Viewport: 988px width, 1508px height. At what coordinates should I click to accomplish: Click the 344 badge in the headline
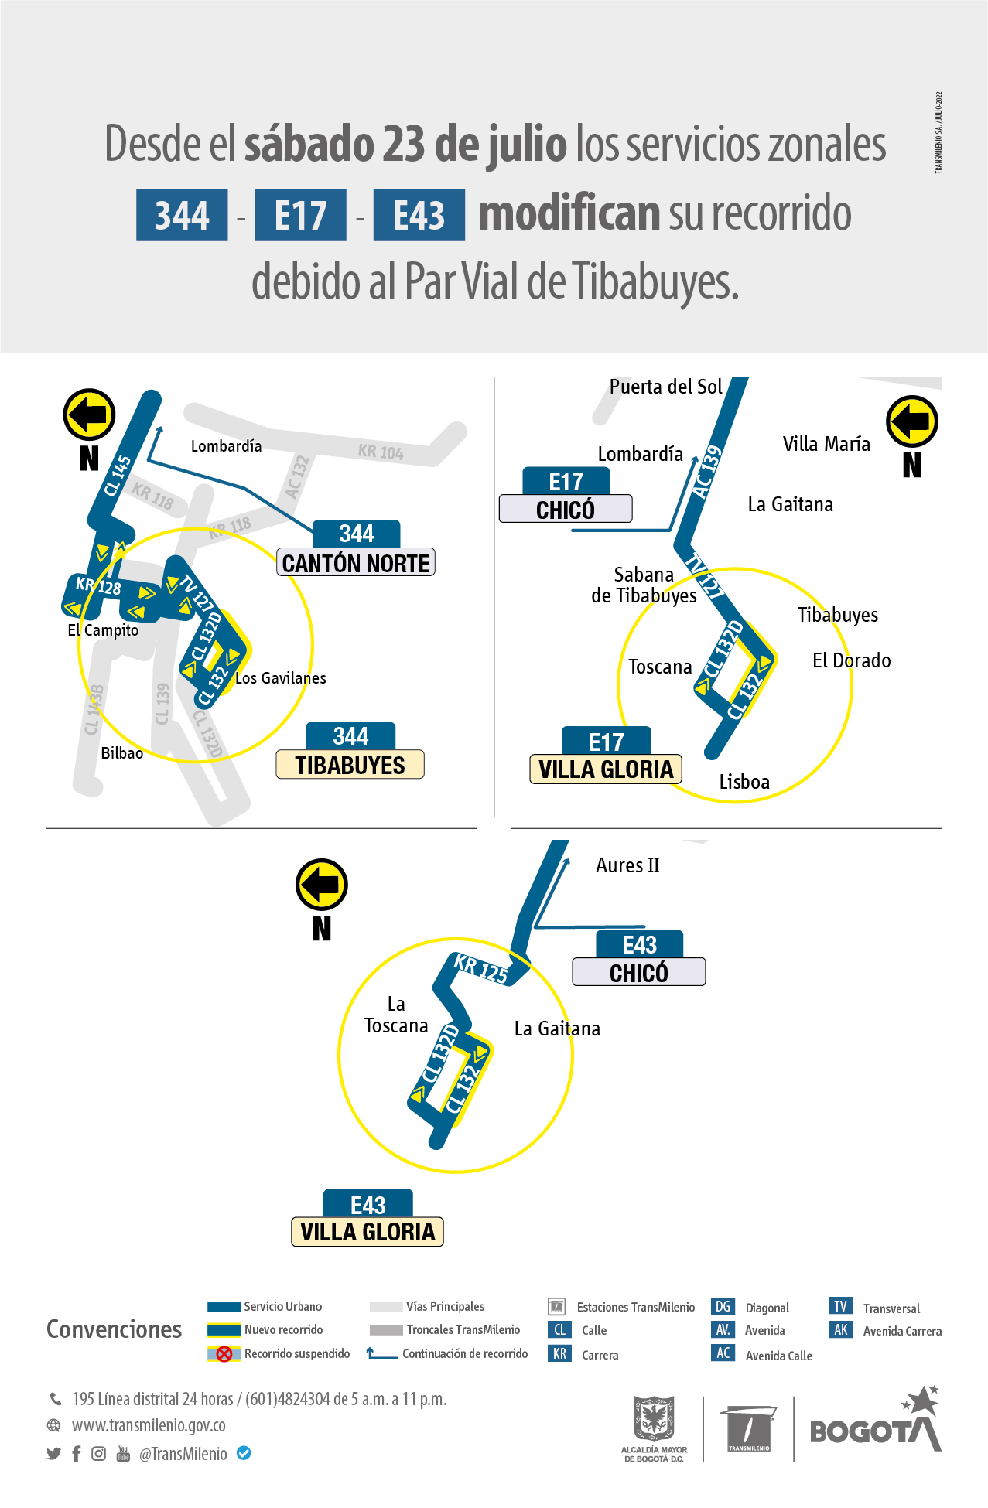(x=182, y=215)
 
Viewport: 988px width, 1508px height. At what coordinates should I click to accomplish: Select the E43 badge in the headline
(x=419, y=215)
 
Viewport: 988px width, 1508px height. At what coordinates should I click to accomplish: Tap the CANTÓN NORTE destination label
(x=356, y=563)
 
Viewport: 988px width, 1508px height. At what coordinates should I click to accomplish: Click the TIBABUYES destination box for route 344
(x=350, y=765)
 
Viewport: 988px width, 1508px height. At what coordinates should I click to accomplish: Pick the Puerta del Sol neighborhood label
(x=665, y=387)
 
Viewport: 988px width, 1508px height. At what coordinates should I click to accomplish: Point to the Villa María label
(x=826, y=444)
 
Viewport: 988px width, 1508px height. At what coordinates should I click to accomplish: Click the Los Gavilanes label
(x=280, y=678)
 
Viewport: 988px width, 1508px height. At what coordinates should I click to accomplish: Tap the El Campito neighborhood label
(x=103, y=630)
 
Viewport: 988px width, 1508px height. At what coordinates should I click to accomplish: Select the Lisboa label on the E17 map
(x=744, y=782)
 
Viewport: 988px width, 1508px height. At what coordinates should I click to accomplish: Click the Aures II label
(x=627, y=865)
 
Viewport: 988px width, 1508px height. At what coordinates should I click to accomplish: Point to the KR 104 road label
(x=381, y=452)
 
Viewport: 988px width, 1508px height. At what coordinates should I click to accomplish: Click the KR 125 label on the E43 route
(x=480, y=968)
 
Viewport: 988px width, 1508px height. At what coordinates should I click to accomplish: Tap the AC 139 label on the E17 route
(x=706, y=472)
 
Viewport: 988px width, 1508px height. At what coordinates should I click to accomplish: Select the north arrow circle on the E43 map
(x=322, y=884)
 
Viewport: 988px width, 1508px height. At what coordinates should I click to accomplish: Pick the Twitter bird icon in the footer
(x=53, y=1454)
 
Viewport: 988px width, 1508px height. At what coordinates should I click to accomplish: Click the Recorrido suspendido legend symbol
(x=224, y=1354)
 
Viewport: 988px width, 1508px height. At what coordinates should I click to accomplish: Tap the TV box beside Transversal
(x=840, y=1306)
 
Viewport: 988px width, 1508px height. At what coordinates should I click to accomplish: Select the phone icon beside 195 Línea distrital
(x=56, y=1399)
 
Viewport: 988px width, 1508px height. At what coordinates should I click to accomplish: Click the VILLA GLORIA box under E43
(x=368, y=1232)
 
